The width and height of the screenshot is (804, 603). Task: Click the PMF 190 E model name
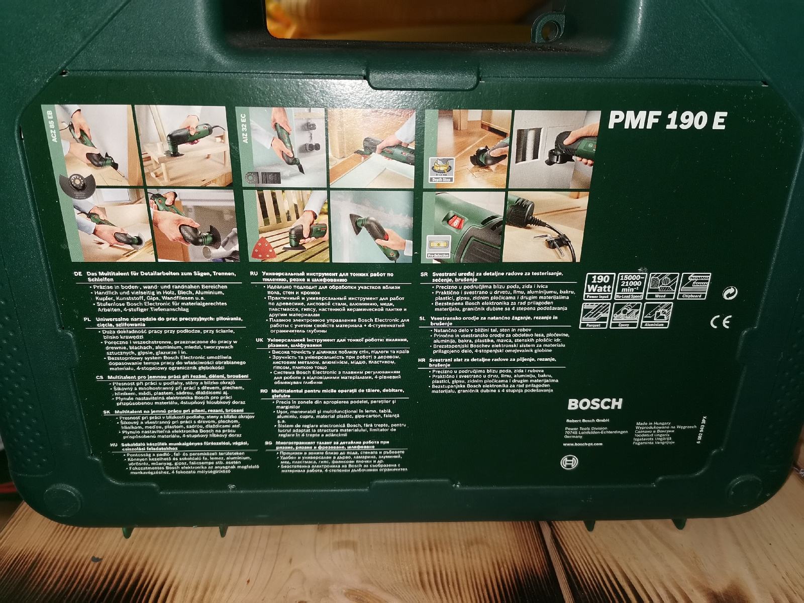click(x=667, y=121)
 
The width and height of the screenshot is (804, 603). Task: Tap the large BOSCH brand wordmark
click(x=594, y=404)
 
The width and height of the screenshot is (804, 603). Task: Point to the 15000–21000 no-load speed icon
click(x=630, y=286)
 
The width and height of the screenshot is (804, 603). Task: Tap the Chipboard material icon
click(x=694, y=286)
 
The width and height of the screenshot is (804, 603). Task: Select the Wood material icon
click(x=662, y=286)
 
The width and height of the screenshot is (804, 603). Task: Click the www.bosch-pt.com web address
click(x=583, y=444)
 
